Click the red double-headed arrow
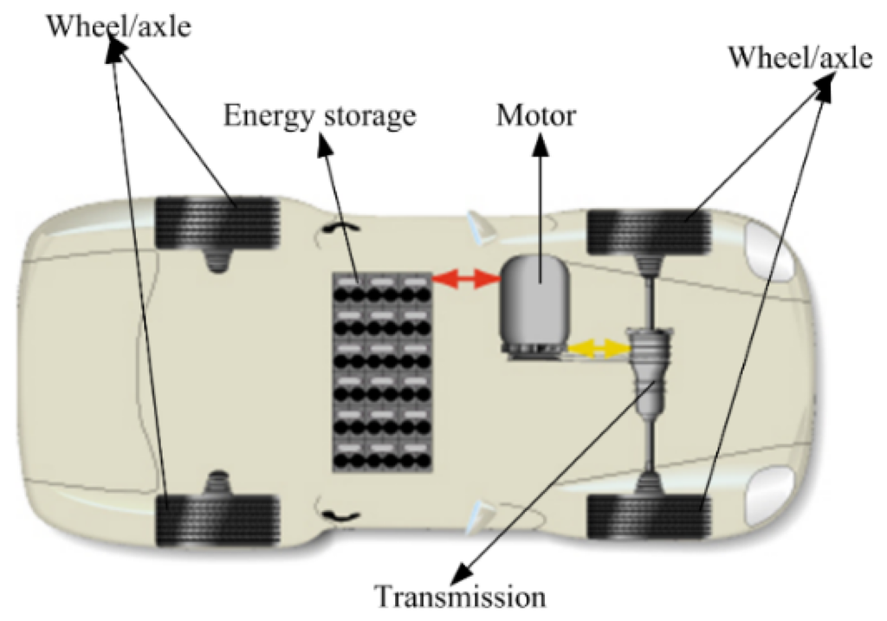pyautogui.click(x=466, y=278)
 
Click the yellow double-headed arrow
pyautogui.click(x=599, y=348)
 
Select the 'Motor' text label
pyautogui.click(x=535, y=114)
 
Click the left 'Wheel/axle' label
pyautogui.click(x=118, y=26)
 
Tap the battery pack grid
pyautogui.click(x=381, y=372)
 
